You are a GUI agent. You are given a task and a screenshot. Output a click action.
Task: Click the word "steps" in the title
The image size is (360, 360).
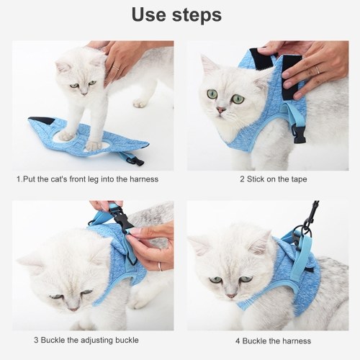click(197, 15)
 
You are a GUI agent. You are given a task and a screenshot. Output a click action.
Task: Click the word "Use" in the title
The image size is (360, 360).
click(149, 14)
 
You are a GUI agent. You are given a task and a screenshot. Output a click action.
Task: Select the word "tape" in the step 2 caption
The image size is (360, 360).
click(298, 179)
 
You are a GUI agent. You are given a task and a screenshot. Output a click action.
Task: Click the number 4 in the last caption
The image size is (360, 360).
click(238, 341)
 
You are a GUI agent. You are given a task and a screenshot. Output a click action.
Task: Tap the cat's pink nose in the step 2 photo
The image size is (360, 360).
click(221, 110)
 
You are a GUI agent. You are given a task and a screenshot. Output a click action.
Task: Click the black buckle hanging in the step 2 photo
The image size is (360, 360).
click(298, 135)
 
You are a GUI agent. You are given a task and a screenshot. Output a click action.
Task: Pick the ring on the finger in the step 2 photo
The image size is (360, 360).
click(318, 70)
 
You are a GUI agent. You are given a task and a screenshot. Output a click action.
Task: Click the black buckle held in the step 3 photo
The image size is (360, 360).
click(122, 220)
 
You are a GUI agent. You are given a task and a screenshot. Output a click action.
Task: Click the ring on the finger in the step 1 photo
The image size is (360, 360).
click(116, 68)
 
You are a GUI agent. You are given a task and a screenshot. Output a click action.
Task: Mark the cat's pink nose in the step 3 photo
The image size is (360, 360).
click(73, 309)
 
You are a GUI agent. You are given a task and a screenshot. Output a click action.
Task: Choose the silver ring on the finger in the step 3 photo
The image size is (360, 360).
click(160, 266)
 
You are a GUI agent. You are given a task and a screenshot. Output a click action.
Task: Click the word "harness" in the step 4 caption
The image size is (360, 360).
click(297, 341)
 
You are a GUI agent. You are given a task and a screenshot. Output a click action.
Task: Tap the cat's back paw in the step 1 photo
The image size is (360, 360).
click(140, 103)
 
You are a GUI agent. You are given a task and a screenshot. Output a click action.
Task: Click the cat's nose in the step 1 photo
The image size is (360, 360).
click(84, 93)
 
